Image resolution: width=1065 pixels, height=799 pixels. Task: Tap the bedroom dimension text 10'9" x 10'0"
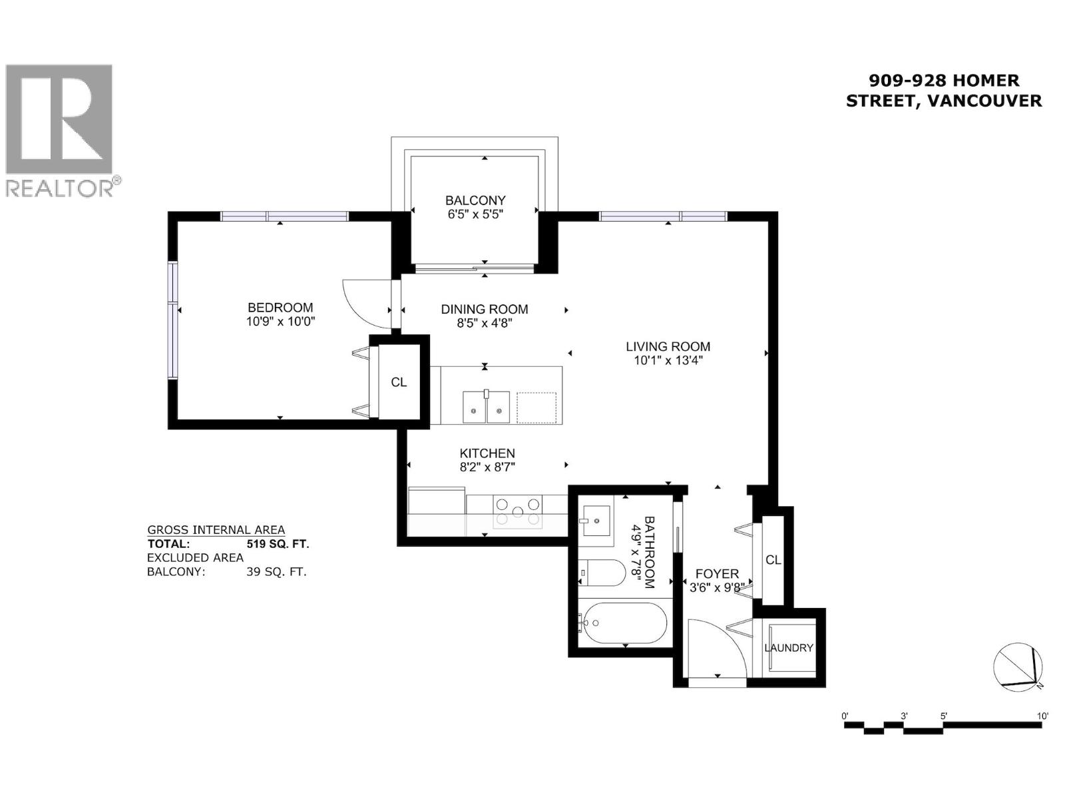(280, 322)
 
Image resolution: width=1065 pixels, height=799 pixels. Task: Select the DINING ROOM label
(485, 309)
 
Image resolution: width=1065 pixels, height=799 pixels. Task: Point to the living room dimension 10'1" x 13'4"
(668, 360)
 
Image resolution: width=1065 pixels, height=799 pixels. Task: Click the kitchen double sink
(487, 407)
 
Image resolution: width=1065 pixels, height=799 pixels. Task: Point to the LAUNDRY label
(789, 648)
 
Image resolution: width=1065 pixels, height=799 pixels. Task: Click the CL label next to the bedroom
(399, 382)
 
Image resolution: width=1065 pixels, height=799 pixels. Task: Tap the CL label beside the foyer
(773, 560)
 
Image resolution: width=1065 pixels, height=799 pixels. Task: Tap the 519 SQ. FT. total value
(278, 544)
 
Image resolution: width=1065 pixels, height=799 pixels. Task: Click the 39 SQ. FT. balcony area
(276, 571)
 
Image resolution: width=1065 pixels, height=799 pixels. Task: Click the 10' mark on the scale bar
(1042, 716)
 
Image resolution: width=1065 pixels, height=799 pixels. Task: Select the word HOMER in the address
(985, 81)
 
